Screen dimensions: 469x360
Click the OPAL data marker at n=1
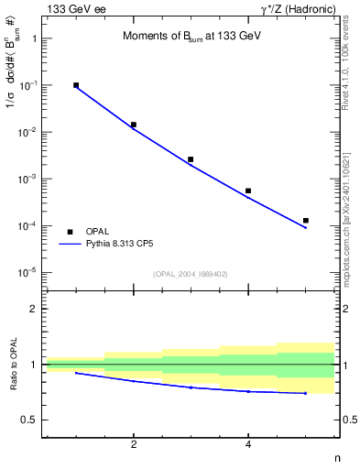pos(76,85)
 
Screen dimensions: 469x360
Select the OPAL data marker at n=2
pos(134,125)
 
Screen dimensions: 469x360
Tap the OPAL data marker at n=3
pos(191,159)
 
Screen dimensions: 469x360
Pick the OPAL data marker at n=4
pos(248,191)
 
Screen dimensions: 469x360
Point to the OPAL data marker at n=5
pos(306,221)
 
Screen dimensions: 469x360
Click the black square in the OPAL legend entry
pos(71,232)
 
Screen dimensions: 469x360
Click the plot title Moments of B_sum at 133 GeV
pos(180,37)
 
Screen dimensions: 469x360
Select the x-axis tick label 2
pos(134,445)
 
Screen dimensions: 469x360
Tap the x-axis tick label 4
pos(248,445)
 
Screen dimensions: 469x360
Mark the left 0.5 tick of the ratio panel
pos(30,420)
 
